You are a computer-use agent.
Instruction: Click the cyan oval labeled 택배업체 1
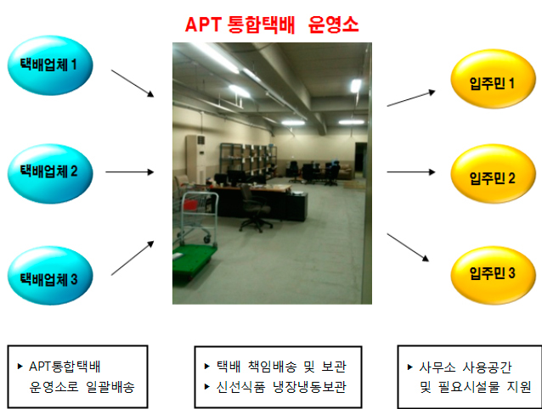coord(50,65)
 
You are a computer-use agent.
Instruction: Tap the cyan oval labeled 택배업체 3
coord(50,276)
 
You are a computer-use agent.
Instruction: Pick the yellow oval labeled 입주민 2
coord(494,174)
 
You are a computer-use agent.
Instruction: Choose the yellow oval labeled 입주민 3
coord(494,275)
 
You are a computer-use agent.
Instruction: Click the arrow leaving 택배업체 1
coord(133,83)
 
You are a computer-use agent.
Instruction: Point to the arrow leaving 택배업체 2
coord(130,172)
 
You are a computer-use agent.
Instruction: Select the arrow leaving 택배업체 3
coord(133,258)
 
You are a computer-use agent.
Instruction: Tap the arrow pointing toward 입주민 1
coord(411,98)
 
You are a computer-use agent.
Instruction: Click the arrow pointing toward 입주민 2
coord(411,172)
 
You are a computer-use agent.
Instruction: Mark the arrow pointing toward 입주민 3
coord(408,247)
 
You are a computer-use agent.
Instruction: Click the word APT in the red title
coord(203,25)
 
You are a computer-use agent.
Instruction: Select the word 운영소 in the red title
coord(333,25)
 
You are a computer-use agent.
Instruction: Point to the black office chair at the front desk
coord(255,208)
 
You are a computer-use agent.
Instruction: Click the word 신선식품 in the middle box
coord(240,387)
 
